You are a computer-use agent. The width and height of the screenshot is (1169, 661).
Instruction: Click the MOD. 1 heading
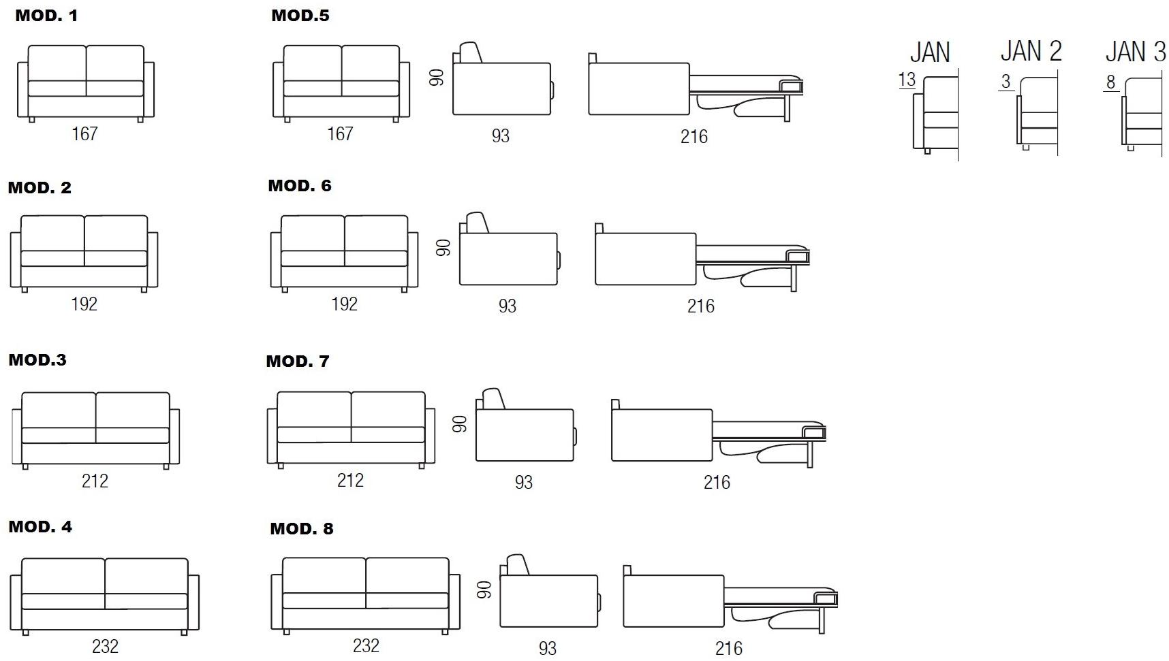click(x=46, y=16)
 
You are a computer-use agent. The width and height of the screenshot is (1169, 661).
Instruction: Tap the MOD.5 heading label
click(x=300, y=15)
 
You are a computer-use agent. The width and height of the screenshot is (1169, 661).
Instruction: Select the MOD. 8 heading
click(x=302, y=529)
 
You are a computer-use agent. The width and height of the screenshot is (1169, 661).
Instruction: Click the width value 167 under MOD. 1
click(x=84, y=133)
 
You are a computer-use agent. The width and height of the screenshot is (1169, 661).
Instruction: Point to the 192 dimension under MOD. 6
click(x=344, y=304)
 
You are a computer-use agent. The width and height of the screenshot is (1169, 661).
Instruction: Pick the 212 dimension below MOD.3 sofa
click(x=95, y=481)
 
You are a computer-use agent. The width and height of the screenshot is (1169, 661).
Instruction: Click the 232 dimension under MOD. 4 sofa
click(x=105, y=646)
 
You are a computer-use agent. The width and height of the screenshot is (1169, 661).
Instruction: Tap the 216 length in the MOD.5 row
click(x=694, y=137)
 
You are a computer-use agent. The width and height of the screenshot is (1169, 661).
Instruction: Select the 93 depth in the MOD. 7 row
click(x=523, y=483)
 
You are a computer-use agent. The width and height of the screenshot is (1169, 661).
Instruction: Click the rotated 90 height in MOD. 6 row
click(x=443, y=247)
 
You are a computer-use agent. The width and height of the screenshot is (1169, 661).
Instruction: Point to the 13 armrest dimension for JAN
click(x=907, y=80)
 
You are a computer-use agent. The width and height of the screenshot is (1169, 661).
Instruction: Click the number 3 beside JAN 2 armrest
click(x=1006, y=82)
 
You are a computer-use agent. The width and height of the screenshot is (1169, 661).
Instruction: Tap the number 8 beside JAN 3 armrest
click(x=1110, y=82)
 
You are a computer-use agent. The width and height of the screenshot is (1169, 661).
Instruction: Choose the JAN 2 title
click(x=1031, y=51)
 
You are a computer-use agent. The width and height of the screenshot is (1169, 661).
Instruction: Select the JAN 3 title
click(x=1135, y=51)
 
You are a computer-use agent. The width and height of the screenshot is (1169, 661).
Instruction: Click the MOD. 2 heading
click(x=40, y=188)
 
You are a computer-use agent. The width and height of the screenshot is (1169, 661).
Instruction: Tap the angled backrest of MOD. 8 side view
click(x=518, y=565)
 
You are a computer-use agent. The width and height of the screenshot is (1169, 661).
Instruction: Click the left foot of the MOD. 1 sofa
click(x=32, y=120)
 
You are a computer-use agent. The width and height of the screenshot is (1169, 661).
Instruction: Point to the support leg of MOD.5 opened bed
click(x=787, y=106)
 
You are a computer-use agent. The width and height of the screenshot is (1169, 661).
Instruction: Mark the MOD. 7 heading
click(x=298, y=361)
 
